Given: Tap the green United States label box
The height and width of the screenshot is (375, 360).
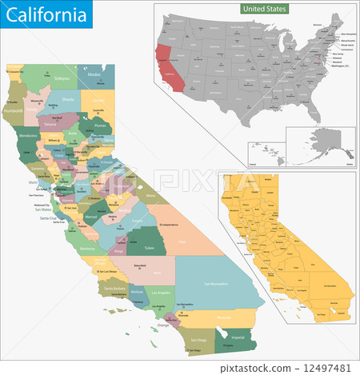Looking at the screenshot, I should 265,8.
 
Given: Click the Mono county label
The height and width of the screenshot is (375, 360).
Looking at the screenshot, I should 150,194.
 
